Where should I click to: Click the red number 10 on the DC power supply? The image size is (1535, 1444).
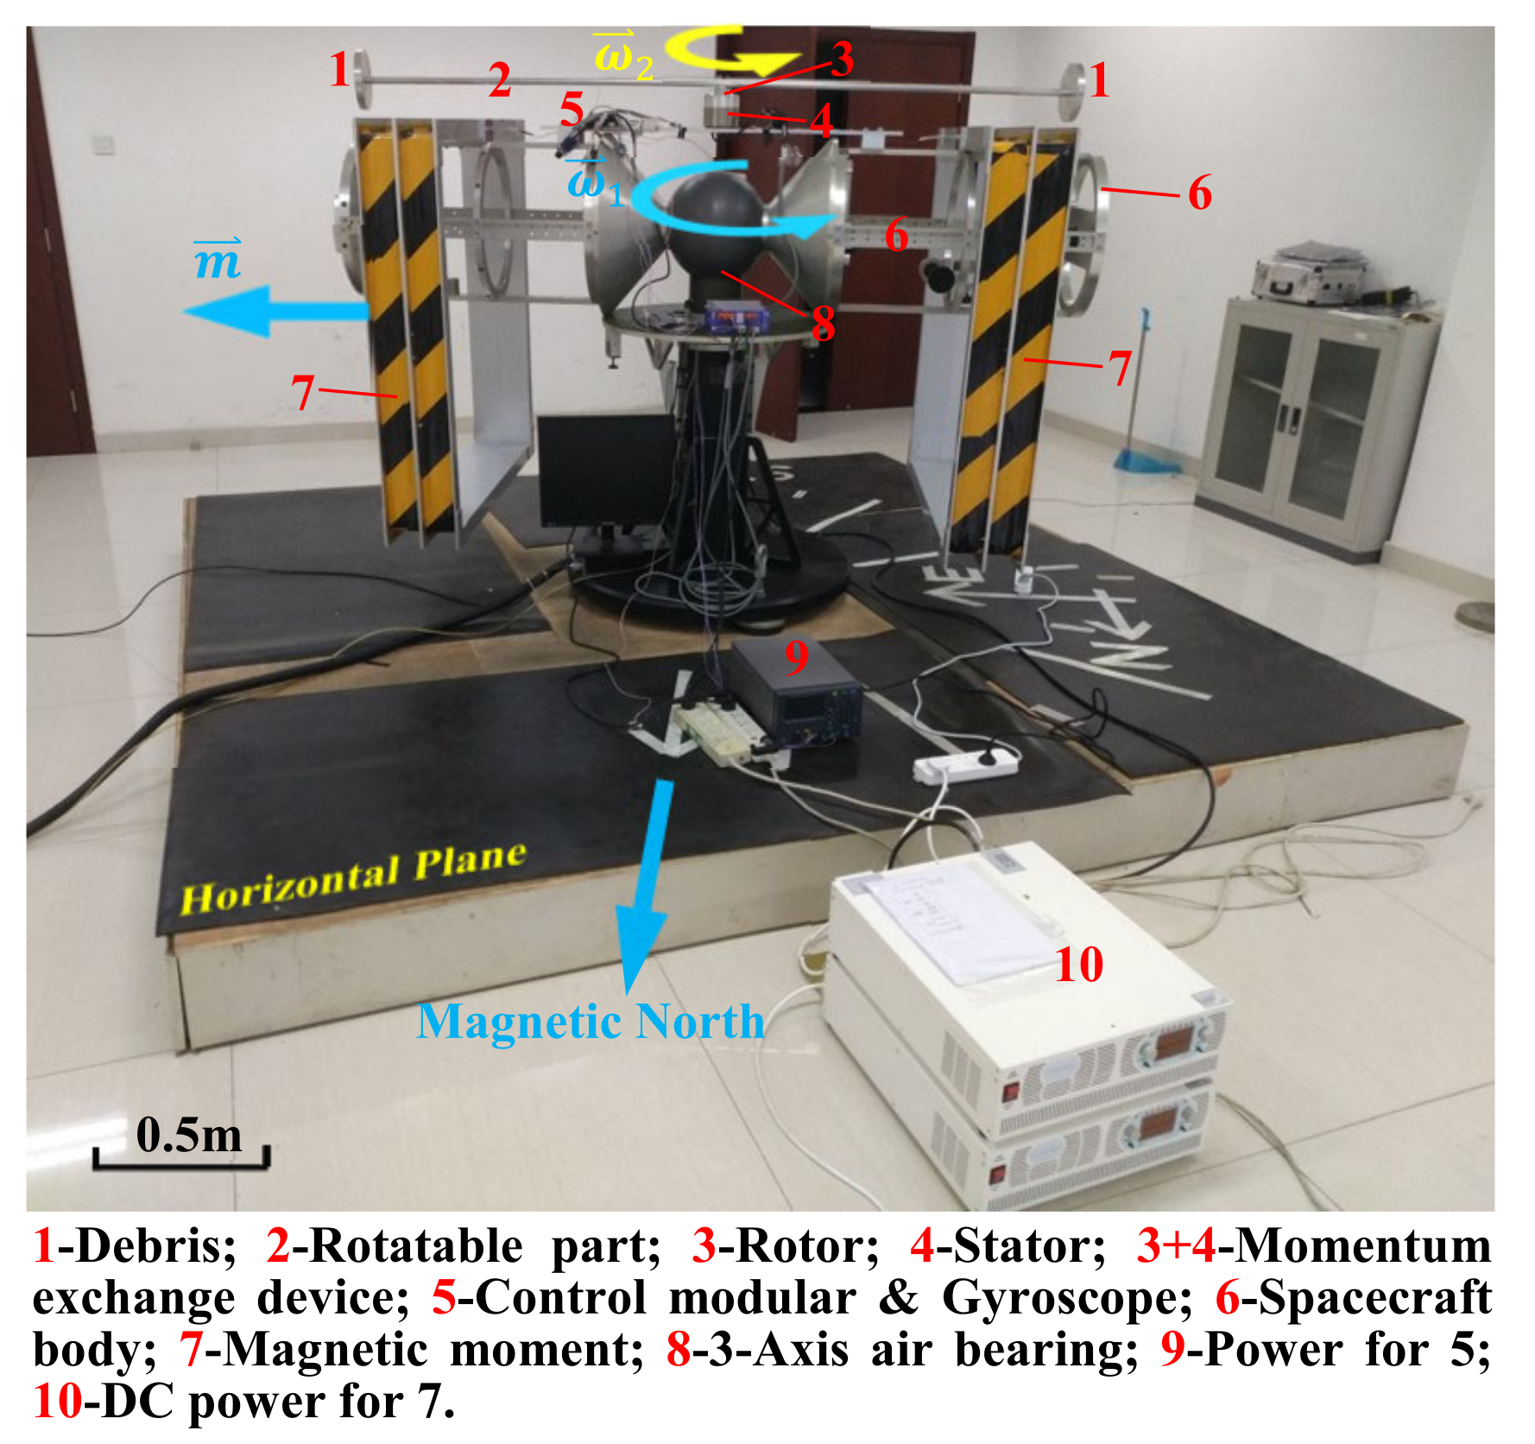point(1079,964)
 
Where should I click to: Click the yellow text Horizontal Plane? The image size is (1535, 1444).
point(353,879)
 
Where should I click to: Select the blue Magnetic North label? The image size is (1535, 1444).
point(591,1022)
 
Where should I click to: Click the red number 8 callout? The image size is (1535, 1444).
point(823,323)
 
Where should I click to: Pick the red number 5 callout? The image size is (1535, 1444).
point(572,111)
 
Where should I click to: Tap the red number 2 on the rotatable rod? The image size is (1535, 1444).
point(499,81)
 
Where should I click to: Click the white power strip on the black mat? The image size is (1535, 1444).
point(967,763)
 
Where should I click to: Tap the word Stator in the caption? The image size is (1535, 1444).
point(1020,1246)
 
